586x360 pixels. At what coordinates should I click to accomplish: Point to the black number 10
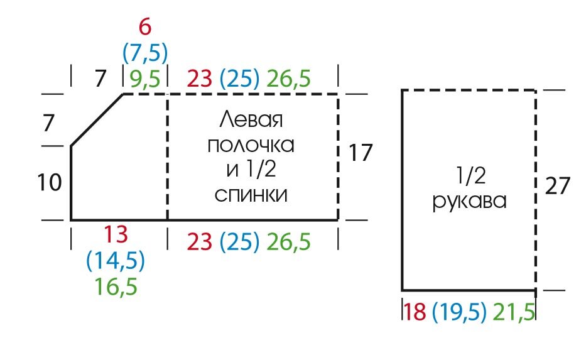[50, 183]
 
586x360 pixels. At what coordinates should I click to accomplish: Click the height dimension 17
[361, 153]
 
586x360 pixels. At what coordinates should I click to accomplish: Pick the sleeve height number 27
[557, 187]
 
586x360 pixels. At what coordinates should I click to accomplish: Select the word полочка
[251, 145]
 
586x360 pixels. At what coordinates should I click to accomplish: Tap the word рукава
[469, 203]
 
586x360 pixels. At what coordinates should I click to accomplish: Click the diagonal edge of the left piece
[97, 120]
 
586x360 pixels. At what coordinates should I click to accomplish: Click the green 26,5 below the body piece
[288, 242]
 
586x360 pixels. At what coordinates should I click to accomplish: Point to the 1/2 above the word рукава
[469, 177]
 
